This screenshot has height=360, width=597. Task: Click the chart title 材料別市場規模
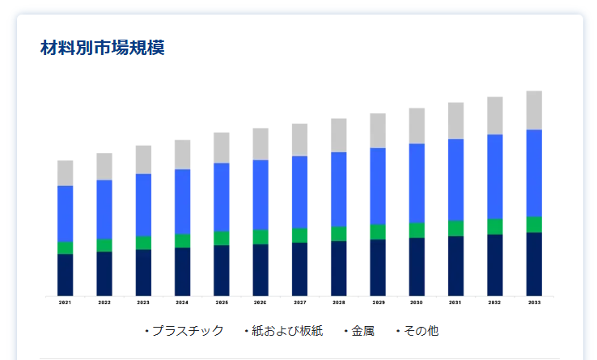103,48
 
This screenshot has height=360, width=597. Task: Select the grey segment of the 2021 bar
66,173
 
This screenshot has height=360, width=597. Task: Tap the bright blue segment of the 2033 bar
534,172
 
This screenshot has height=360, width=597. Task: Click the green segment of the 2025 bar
222,238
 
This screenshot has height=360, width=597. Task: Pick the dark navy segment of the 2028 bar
339,268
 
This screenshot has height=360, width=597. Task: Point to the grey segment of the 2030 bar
417,125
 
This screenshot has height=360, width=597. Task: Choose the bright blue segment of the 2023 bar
143,205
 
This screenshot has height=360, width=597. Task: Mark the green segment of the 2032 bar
495,227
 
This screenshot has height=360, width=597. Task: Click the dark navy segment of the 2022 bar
104,273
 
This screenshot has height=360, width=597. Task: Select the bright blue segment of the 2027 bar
299,192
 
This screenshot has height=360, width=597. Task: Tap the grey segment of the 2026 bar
260,144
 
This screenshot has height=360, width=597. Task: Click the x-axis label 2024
182,303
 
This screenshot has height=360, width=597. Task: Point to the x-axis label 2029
378,303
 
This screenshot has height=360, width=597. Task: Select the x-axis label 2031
455,303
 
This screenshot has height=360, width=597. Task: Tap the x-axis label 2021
66,303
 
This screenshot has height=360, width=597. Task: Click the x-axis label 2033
534,303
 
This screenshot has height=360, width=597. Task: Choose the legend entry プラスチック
187,331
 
